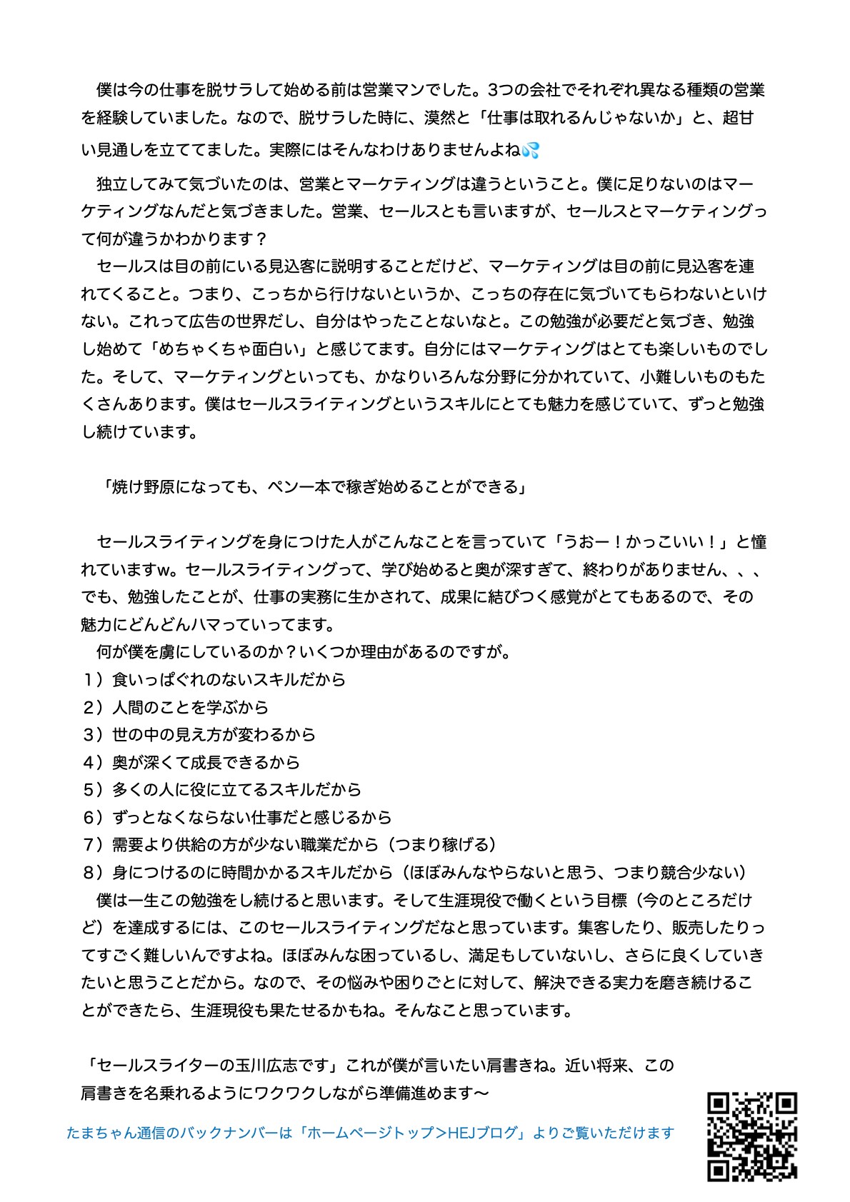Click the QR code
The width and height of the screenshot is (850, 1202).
[x=751, y=1136]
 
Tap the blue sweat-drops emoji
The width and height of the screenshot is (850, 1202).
[x=531, y=150]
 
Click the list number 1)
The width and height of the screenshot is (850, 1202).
[x=94, y=679]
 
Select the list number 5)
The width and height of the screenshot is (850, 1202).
[x=94, y=789]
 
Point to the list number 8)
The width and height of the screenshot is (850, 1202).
[x=94, y=872]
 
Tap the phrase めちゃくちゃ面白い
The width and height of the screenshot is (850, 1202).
[x=229, y=349]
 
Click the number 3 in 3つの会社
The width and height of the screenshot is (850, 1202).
[x=491, y=90]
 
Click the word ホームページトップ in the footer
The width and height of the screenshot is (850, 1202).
[x=371, y=1133]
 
